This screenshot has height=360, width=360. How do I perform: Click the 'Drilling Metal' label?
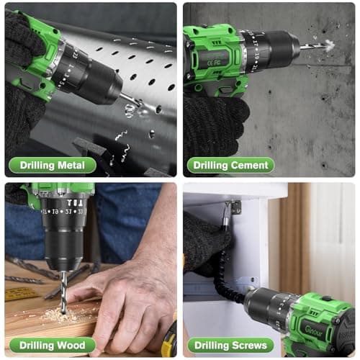point(53,166)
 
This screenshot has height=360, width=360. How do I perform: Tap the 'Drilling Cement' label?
point(230,166)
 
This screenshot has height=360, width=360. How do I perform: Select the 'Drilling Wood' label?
point(51,345)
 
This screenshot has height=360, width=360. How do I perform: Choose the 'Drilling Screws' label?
point(230,345)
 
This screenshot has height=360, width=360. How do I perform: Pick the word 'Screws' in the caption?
point(251,345)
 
